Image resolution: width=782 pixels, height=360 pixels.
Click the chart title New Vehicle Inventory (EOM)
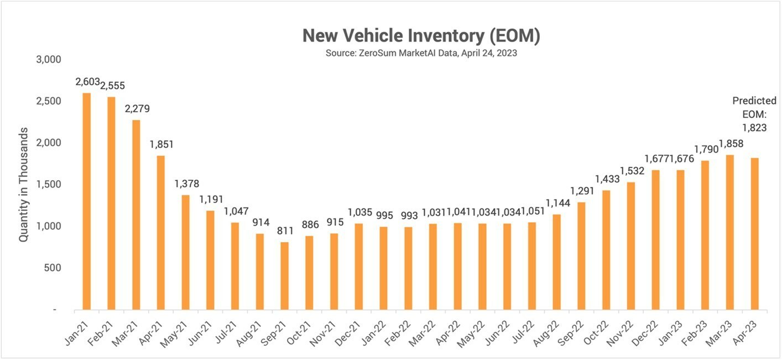tap(421, 36)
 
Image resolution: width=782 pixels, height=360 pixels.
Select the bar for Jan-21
tap(86, 201)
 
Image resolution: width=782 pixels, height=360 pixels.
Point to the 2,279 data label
tap(136, 108)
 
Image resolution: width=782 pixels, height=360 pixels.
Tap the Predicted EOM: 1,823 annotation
tap(754, 114)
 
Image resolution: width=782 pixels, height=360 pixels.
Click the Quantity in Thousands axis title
tap(24, 185)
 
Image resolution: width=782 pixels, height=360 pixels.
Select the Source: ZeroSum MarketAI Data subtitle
tap(421, 54)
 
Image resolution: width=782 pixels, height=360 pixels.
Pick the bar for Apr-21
tap(160, 232)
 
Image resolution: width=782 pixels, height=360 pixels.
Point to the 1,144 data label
tap(557, 202)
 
